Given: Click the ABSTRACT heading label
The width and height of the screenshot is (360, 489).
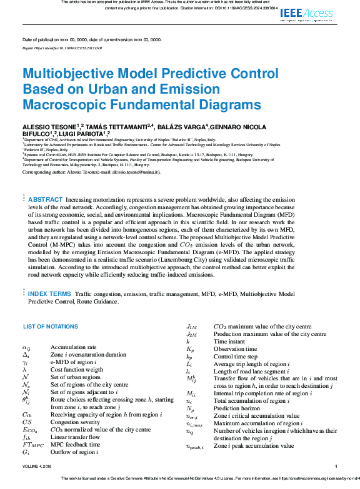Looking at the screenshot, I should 46,199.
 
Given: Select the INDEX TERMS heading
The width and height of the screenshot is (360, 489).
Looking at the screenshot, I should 49,293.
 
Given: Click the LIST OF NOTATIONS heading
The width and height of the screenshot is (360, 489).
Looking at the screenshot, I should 50,327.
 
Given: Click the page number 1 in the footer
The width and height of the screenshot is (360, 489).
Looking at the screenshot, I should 336,466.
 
